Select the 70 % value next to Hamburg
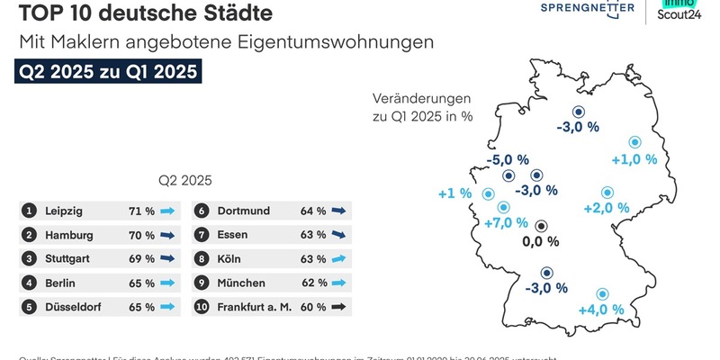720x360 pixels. pyautogui.click(x=141, y=235)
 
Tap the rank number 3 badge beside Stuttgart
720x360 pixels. pyautogui.click(x=30, y=259)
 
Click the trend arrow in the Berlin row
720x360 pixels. pyautogui.click(x=167, y=283)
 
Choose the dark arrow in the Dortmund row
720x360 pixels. pyautogui.click(x=338, y=211)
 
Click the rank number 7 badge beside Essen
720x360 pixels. pyautogui.click(x=202, y=235)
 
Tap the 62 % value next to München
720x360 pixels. pyautogui.click(x=313, y=283)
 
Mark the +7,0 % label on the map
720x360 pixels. pyautogui.click(x=506, y=222)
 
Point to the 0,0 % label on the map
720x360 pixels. pyautogui.click(x=541, y=242)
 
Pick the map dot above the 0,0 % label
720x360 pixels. pyautogui.click(x=541, y=226)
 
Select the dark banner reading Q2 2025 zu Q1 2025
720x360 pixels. pyautogui.click(x=108, y=72)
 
